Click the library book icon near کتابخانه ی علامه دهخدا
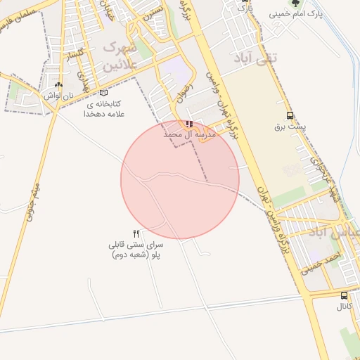(104, 92)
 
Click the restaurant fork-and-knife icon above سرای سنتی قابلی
(136, 233)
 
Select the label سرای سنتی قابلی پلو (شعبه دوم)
(136, 250)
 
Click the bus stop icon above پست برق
(290, 116)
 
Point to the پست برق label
(290, 129)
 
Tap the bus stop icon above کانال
(344, 295)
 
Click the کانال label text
(344, 307)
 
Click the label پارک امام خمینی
(295, 14)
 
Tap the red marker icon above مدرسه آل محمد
(188, 124)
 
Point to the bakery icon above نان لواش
(58, 85)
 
